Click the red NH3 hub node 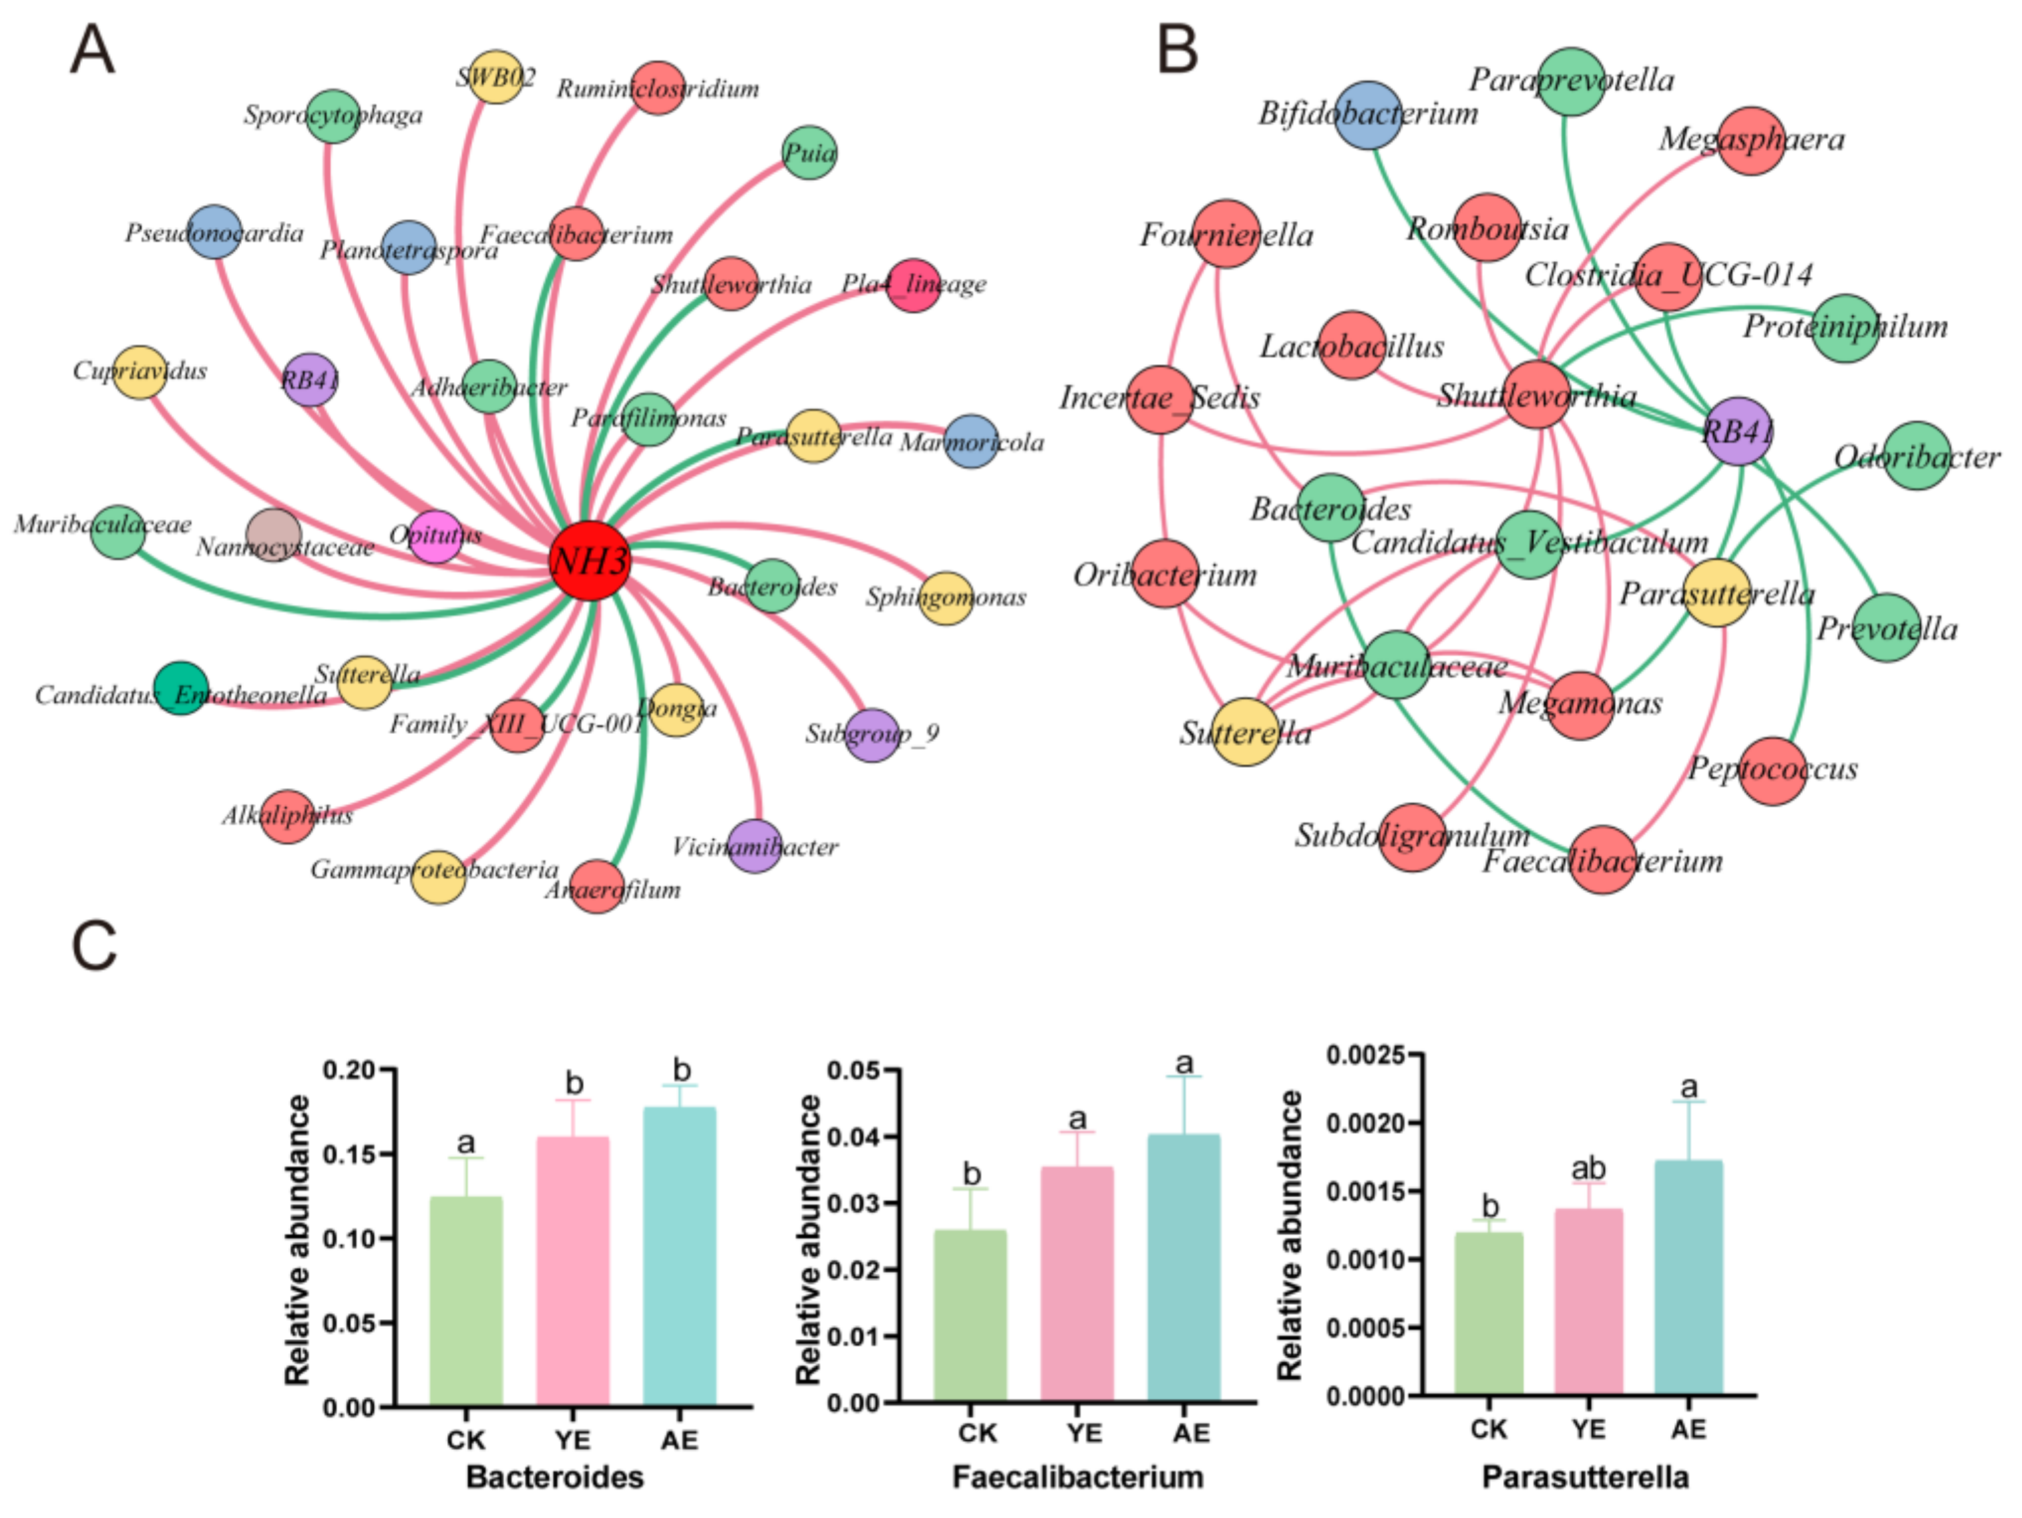[590, 560]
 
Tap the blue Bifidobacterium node [1367, 115]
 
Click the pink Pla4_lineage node [913, 285]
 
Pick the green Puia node [809, 152]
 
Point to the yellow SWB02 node [496, 77]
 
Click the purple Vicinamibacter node [755, 846]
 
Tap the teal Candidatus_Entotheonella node [181, 689]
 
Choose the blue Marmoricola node [971, 441]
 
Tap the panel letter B [1177, 50]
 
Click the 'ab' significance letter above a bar [1589, 1168]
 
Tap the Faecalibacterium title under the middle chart [1078, 1477]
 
